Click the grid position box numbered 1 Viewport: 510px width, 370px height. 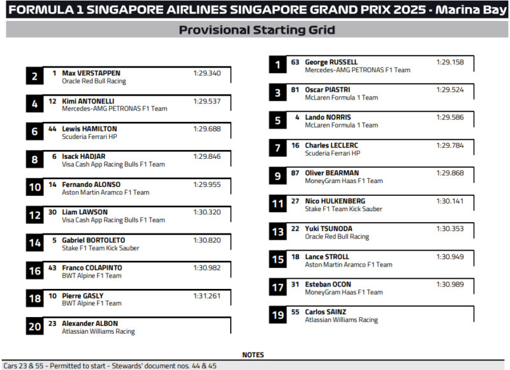click(277, 65)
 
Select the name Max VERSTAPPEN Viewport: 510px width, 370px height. click(91, 73)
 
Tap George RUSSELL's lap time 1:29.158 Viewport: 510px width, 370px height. click(449, 63)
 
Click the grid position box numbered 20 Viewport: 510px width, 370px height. click(34, 327)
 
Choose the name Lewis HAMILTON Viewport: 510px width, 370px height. click(89, 129)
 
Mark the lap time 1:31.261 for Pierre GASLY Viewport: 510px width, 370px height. click(207, 296)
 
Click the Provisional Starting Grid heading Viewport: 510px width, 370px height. click(256, 30)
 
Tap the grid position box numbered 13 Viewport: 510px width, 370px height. click(277, 232)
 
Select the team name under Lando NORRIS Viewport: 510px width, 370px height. click(341, 126)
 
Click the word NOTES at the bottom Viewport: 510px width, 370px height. click(253, 355)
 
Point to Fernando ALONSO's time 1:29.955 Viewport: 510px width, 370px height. click(207, 184)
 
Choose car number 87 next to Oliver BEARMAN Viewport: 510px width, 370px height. click(295, 173)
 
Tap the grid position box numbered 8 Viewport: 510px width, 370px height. click(34, 159)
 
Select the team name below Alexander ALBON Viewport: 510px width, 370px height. click(98, 332)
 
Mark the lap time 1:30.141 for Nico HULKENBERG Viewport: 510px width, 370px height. click(449, 201)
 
